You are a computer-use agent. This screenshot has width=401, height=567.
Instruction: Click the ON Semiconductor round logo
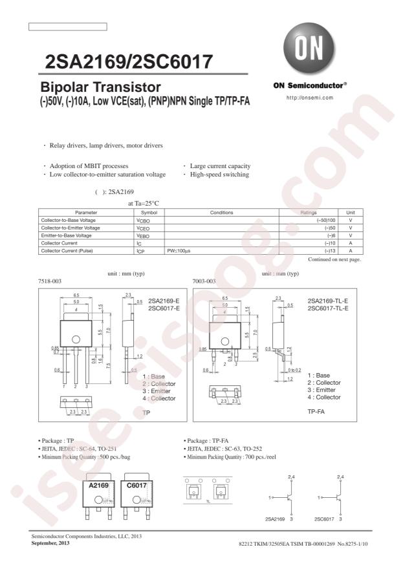click(x=309, y=47)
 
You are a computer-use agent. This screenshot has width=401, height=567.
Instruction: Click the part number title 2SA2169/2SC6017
click(x=129, y=62)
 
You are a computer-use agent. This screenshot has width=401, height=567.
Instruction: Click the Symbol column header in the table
click(x=149, y=213)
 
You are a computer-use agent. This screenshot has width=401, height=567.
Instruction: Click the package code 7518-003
click(x=51, y=281)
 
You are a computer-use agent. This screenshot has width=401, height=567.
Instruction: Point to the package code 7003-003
click(x=205, y=281)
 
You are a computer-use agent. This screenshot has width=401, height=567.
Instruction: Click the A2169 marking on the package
click(x=99, y=485)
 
